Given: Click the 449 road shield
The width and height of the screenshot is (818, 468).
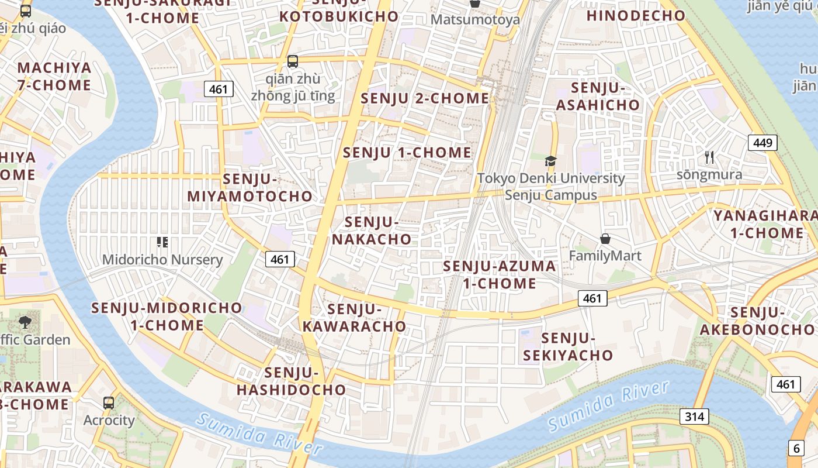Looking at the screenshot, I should point(762,142).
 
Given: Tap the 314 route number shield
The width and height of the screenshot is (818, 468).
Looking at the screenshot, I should point(694,417).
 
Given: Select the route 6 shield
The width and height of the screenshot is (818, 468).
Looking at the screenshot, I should point(796,448).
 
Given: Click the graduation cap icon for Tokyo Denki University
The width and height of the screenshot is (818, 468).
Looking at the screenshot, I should point(550,161).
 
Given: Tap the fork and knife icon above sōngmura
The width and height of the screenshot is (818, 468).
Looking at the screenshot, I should point(709,157).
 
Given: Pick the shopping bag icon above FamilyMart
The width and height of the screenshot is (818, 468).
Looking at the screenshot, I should point(605,239).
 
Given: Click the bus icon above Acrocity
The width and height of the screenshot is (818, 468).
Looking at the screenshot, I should point(109,402).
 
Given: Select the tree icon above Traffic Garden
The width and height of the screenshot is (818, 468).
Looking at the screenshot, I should point(25,321).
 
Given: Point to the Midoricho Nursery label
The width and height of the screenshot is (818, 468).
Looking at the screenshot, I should point(162,260).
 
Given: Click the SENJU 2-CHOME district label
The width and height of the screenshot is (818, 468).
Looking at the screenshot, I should point(425,98).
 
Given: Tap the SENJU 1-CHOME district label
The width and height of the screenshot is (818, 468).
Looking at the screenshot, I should point(407,153).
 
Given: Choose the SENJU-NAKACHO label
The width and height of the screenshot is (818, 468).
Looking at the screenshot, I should point(372,230).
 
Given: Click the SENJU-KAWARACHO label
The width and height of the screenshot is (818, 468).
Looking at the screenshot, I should point(354,318).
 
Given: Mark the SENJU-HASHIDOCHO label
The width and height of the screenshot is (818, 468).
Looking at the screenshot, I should point(291,381).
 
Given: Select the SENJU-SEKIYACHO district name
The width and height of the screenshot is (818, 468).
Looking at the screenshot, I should point(568,346).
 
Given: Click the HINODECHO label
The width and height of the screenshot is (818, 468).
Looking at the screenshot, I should point(636,16).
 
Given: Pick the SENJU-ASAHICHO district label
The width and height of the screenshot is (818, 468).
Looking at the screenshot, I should point(598,97).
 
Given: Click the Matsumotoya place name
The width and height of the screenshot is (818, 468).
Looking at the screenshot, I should point(475,19).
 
